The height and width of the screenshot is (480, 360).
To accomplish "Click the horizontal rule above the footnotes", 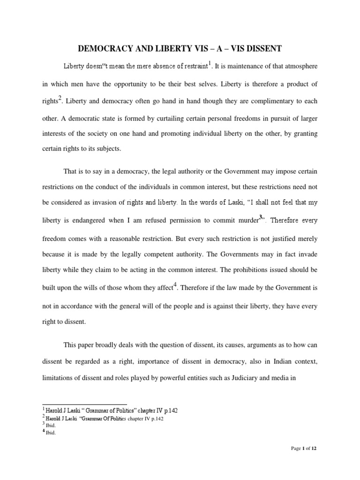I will pyautogui.click(x=84, y=404).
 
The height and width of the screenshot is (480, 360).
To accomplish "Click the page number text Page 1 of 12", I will pyautogui.click(x=303, y=449).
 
